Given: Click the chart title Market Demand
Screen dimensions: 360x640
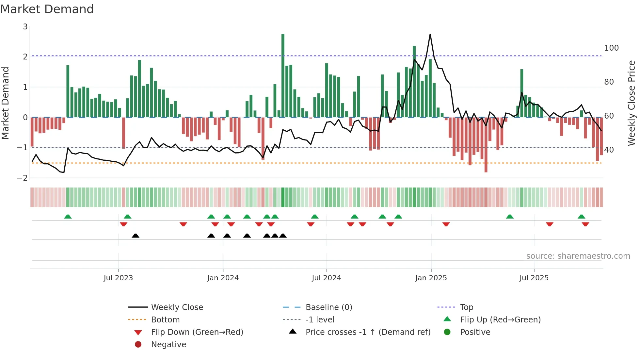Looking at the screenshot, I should pos(47,9).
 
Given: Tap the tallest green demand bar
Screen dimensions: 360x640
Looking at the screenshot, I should pos(283,75).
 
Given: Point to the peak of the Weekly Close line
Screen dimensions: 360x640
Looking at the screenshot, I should pos(430,34).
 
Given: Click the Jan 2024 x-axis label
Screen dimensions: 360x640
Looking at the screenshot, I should pos(223,278).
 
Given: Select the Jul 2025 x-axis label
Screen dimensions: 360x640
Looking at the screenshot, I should pos(534,278).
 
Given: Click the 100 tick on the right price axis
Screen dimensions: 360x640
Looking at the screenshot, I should pos(611,48).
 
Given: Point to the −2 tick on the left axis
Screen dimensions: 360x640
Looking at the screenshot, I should pos(23,178).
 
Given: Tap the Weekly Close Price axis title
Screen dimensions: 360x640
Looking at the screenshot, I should pos(632,103).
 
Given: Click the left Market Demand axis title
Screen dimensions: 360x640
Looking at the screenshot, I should pos(5,103).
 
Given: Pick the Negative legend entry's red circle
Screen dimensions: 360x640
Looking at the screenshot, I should pos(138,345).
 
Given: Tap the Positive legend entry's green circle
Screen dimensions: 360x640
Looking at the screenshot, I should pos(447,332).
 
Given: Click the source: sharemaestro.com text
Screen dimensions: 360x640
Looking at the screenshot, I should pos(578,256).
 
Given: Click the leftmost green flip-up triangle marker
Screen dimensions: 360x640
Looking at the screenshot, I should pos(68,217).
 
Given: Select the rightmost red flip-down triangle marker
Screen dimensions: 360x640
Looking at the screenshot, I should pos(585,224).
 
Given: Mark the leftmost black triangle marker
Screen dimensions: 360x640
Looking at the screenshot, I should pos(136,236).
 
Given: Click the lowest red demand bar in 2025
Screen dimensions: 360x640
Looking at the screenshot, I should pos(486,145).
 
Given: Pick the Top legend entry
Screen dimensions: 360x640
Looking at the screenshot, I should pos(466,307).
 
